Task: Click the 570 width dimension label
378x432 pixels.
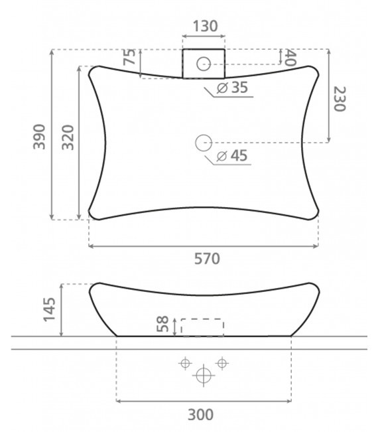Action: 207,259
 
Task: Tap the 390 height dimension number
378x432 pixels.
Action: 39,137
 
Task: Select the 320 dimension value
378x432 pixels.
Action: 68,137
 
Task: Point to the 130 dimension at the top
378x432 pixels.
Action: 205,26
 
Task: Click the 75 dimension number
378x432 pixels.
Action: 129,57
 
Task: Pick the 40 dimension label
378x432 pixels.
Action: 290,58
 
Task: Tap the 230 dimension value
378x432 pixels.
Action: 340,99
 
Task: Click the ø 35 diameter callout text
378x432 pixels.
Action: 232,88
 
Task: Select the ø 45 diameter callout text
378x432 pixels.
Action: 232,156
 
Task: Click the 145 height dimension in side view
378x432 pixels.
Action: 50,309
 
